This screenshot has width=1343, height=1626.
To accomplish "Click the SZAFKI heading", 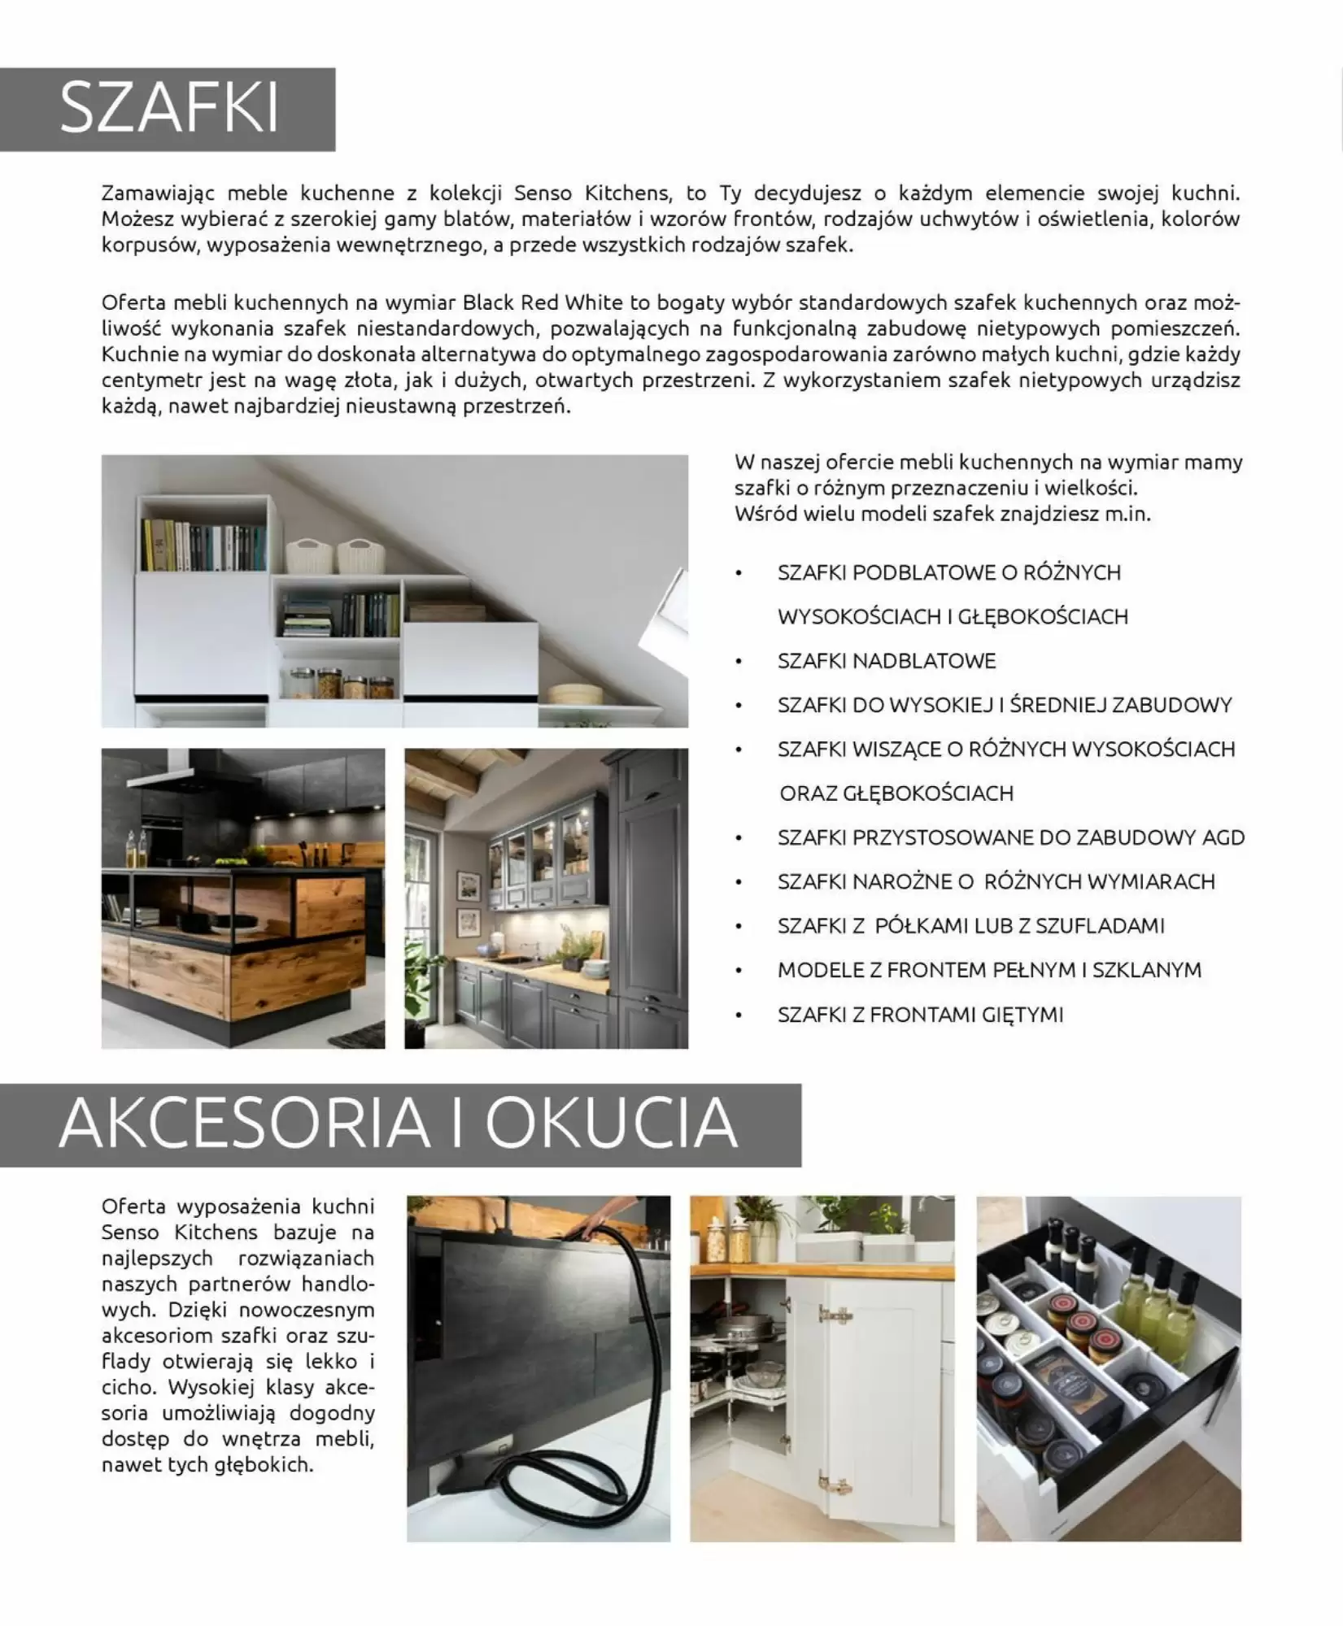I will [x=168, y=108].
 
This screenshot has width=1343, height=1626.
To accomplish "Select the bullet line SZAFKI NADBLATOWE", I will [x=886, y=661].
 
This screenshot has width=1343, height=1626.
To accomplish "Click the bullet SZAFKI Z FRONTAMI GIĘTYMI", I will [x=920, y=1015].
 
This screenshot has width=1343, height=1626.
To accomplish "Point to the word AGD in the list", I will [x=1223, y=837].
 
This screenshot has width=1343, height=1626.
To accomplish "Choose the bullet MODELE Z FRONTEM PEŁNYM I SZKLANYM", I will [x=989, y=970].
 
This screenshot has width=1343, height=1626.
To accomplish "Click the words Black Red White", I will [x=543, y=302].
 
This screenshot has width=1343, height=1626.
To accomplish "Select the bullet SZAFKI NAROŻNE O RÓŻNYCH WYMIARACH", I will [x=996, y=882].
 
